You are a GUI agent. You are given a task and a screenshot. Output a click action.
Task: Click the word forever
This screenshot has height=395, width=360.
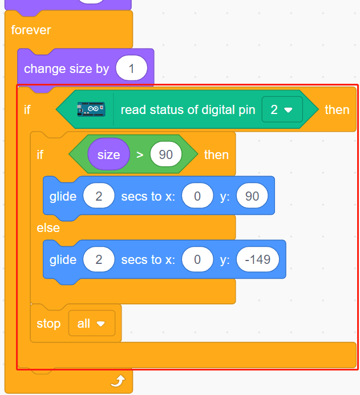pyautogui.click(x=31, y=30)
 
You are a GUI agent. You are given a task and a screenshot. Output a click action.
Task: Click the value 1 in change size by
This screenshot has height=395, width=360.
pyautogui.click(x=131, y=68)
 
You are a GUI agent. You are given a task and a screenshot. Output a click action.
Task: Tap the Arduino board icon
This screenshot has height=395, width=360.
pyautogui.click(x=91, y=109)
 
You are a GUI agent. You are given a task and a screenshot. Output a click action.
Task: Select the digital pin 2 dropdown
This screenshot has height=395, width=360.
pyautogui.click(x=282, y=109)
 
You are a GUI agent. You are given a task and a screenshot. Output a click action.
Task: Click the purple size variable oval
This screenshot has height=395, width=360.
pyautogui.click(x=108, y=154)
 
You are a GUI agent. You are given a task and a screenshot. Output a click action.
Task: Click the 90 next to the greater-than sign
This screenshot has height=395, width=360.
pyautogui.click(x=165, y=154)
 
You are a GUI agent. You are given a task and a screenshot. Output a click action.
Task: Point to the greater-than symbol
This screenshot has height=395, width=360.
pyautogui.click(x=140, y=154)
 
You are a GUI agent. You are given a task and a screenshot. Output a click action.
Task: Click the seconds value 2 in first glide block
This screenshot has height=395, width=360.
pyautogui.click(x=99, y=196)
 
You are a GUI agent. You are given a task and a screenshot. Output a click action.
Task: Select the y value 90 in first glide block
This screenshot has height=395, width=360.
pyautogui.click(x=252, y=196)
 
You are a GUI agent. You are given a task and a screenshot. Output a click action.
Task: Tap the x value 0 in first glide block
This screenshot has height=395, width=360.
pyautogui.click(x=197, y=196)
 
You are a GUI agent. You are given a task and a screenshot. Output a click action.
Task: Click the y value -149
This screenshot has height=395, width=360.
pyautogui.click(x=258, y=259)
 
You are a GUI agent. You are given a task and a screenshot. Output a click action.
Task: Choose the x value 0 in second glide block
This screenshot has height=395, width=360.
pyautogui.click(x=197, y=259)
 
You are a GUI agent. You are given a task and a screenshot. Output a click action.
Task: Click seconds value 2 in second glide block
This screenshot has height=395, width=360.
pyautogui.click(x=99, y=259)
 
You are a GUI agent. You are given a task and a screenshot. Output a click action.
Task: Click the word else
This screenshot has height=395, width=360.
pyautogui.click(x=48, y=228)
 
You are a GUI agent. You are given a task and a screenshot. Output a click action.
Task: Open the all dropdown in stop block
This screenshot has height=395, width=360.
pyautogui.click(x=92, y=323)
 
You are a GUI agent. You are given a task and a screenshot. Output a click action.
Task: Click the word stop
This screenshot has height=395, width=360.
pyautogui.click(x=48, y=324)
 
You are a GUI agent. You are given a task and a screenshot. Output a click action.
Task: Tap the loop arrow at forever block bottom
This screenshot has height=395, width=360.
pyautogui.click(x=118, y=381)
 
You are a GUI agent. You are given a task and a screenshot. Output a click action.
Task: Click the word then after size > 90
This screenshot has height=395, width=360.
pyautogui.click(x=216, y=154)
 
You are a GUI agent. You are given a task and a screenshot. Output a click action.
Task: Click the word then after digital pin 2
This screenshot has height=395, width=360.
pyautogui.click(x=337, y=110)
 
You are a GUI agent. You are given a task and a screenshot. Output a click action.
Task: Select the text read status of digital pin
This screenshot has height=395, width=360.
pyautogui.click(x=188, y=110)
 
